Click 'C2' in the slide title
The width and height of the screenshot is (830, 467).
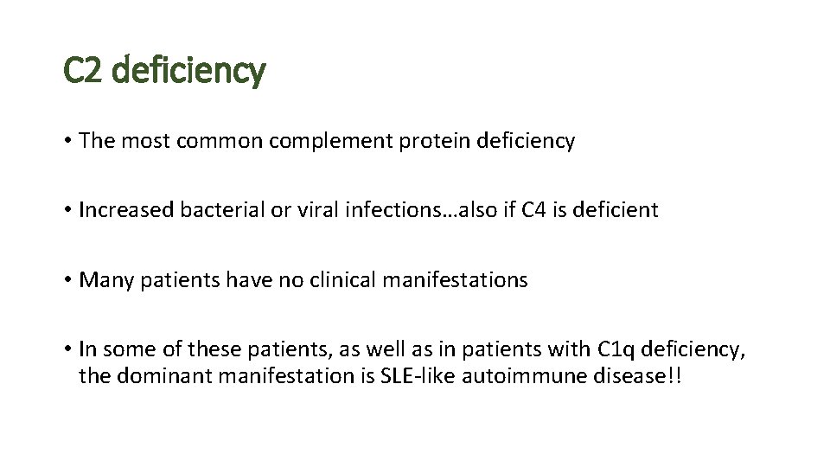[x=84, y=70]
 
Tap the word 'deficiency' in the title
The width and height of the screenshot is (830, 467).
[x=188, y=70]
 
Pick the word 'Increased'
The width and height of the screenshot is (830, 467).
[x=127, y=210]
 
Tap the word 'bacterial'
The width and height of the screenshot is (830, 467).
[x=216, y=210]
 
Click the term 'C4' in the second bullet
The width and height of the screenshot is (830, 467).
[x=534, y=210]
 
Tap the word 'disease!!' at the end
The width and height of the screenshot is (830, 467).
[x=638, y=377]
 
